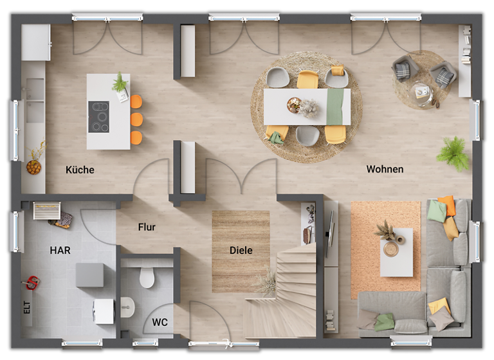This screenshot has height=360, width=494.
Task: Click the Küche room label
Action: coord(80,170)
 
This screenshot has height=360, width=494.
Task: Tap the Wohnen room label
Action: coord(385,169)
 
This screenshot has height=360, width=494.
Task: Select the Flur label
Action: coord(147,227)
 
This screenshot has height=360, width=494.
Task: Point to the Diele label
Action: coord(241,250)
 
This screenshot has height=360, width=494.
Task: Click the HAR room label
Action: coord(60,250)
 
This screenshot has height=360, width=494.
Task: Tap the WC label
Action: coord(160,322)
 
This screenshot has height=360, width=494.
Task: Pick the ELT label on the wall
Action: coord(27,308)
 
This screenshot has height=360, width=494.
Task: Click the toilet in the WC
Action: coord(147,277)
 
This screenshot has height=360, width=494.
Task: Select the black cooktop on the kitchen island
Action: coord(98,117)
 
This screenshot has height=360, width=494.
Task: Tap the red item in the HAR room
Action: coord(31,282)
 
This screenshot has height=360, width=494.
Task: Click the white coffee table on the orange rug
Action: coord(396,252)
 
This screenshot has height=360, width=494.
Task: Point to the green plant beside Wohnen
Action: coord(453,153)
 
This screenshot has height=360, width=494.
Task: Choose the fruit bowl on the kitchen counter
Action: coord(33,167)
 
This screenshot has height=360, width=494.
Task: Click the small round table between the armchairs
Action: coord(423,93)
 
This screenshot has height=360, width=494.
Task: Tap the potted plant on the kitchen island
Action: coord(120,84)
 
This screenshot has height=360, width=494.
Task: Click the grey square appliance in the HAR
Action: coord(89,275)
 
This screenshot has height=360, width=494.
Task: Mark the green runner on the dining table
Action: coord(334,107)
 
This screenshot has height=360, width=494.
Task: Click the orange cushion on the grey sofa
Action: coord(448,205)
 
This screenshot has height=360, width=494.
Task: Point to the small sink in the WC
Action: coord(127,307)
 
